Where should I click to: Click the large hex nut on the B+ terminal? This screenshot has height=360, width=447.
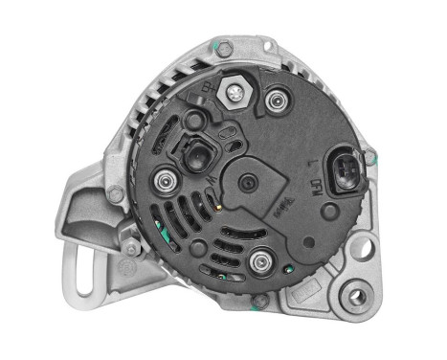pyautogui.click(x=235, y=93)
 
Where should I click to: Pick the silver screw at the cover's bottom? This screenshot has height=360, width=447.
pyautogui.click(x=258, y=259)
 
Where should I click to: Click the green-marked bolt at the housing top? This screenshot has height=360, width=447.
pyautogui.click(x=225, y=47)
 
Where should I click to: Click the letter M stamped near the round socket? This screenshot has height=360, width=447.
pyautogui.click(x=224, y=137)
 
